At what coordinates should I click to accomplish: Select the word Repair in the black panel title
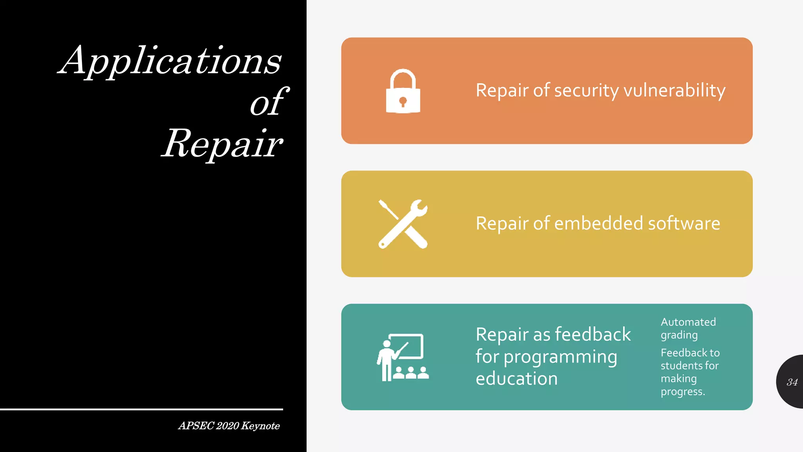pos(222,144)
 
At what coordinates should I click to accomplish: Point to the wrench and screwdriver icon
pos(403,224)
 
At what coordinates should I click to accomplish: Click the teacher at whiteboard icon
pos(403,357)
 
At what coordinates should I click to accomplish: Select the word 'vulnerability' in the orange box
pos(674,91)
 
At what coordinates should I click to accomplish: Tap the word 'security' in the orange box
pos(587,91)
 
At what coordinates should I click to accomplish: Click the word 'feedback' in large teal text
pos(593,334)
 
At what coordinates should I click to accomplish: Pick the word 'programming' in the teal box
pos(560,357)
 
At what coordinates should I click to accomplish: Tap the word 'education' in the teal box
pos(516,379)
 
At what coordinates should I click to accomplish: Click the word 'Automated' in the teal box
pos(688,322)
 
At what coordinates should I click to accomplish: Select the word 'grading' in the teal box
pos(679,335)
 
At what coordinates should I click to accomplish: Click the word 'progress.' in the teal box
pos(683,392)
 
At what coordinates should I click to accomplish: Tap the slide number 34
pos(792,382)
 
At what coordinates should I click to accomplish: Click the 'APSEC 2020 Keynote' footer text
pos(229,426)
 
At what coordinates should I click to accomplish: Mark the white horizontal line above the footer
pos(141,409)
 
